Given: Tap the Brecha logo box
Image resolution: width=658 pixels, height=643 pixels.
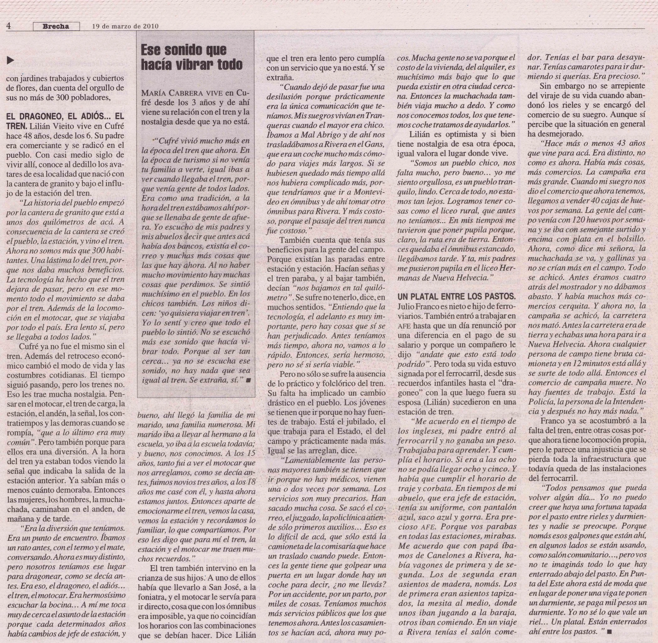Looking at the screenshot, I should click(56, 26).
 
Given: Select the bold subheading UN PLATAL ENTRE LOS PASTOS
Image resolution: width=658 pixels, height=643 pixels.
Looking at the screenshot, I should click(457, 297).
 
